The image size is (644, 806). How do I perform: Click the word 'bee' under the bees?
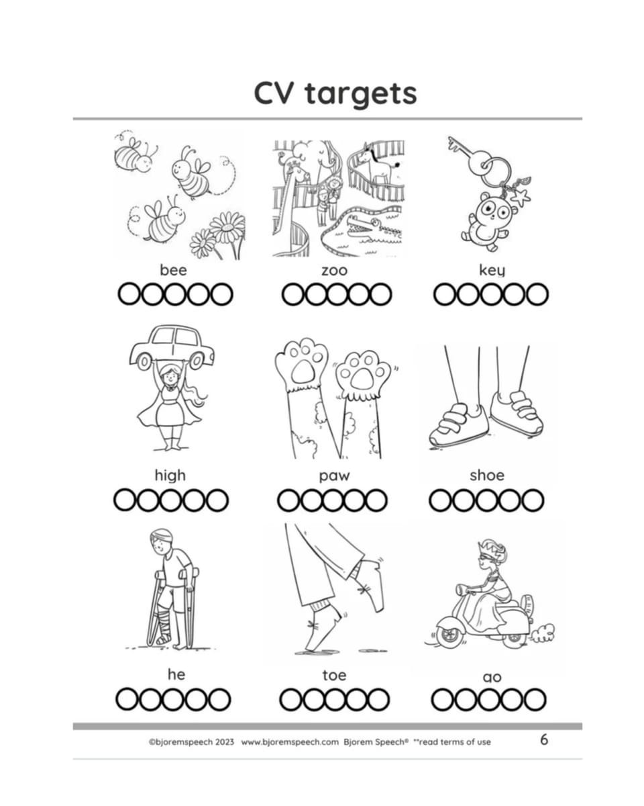coord(173,269)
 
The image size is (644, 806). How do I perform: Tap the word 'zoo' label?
coord(334,270)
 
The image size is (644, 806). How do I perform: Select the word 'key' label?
coord(492,269)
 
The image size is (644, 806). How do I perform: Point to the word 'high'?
coord(170,476)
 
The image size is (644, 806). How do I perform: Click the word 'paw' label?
coord(334,476)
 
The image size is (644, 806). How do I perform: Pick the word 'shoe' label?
coord(487,475)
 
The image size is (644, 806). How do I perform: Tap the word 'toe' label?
coord(334,675)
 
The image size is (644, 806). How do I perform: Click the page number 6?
coord(544,740)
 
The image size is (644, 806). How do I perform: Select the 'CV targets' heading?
coord(335,93)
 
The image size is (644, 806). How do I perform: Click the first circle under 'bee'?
coord(129,294)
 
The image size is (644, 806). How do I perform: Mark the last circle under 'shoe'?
coord(533,500)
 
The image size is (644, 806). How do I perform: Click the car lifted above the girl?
coord(172,347)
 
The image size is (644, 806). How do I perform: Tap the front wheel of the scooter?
coord(448,635)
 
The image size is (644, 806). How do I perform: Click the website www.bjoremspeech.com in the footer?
coord(290,742)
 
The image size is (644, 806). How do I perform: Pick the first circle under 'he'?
coord(127,700)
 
